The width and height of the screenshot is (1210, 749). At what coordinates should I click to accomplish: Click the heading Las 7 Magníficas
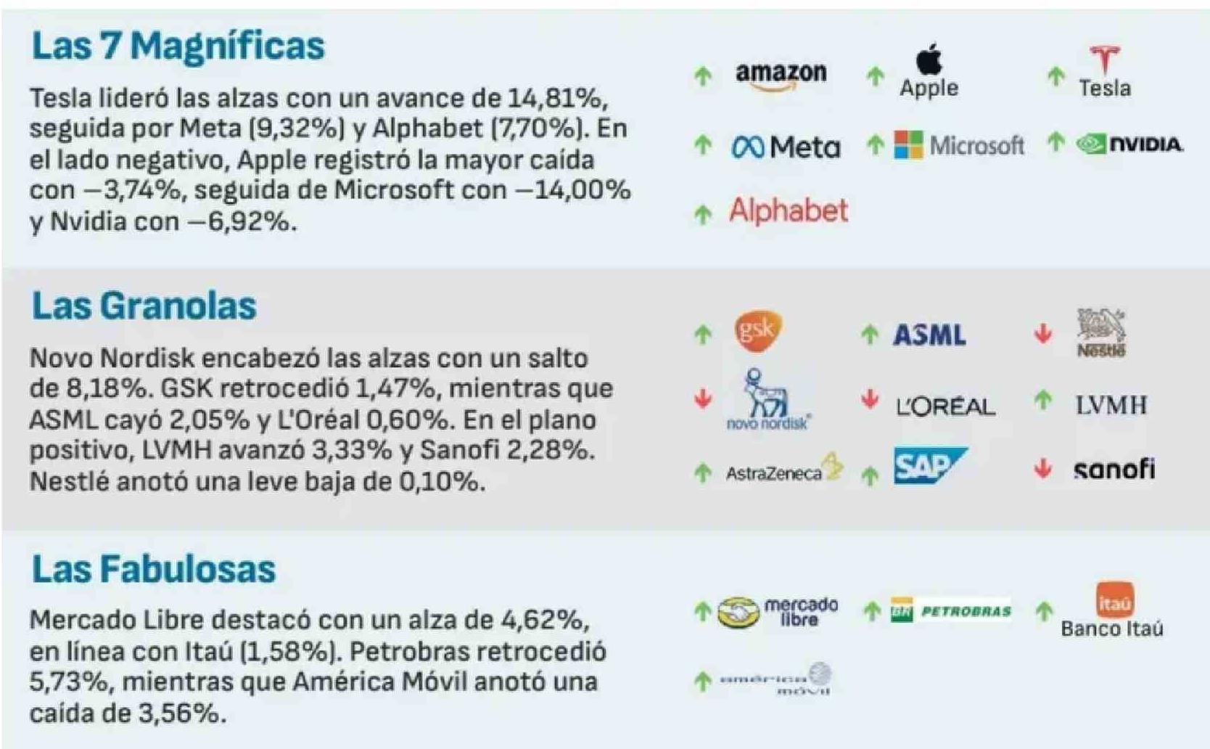178,46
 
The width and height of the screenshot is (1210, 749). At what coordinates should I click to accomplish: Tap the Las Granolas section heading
144,306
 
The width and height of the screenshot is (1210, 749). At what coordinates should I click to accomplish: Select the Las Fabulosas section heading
153,568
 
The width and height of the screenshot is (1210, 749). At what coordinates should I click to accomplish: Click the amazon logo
781,74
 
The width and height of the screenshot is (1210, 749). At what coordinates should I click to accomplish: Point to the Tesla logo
1104,71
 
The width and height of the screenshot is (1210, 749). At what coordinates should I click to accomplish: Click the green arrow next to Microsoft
876,145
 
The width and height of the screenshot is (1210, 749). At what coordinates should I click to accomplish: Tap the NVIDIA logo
1129,144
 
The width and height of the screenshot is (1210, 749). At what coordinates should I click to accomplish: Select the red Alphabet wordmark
789,211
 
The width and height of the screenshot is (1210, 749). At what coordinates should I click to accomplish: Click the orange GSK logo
758,331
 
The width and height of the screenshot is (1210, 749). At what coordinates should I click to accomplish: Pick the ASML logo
929,335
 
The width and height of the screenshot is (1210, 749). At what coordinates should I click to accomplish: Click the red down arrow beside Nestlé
1043,334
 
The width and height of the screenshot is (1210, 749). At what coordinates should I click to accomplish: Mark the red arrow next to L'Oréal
870,399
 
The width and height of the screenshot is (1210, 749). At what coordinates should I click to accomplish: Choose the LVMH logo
1111,405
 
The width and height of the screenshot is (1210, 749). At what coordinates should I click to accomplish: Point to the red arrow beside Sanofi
1043,469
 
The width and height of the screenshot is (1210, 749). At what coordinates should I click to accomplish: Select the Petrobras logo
950,611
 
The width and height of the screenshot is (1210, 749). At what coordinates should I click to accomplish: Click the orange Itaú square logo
1114,600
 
